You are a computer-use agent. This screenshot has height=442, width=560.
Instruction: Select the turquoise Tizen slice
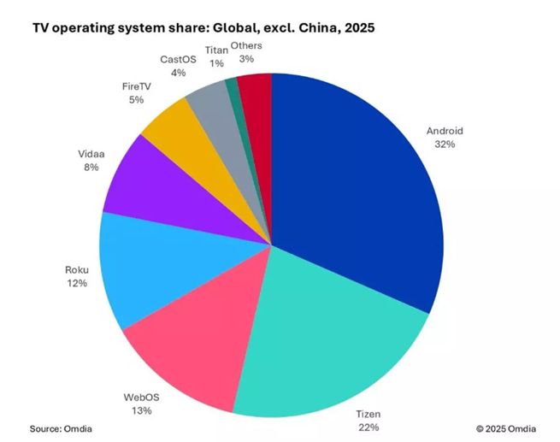click(x=333, y=351)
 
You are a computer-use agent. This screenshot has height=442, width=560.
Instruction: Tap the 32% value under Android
click(x=444, y=145)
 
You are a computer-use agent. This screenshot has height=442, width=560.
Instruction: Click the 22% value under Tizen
click(x=368, y=426)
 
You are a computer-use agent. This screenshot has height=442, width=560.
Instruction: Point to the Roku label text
click(x=76, y=269)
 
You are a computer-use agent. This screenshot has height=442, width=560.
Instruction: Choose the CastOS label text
click(x=178, y=60)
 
